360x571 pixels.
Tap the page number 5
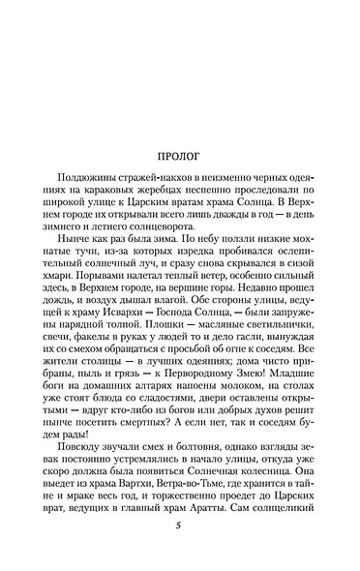[179, 526]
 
